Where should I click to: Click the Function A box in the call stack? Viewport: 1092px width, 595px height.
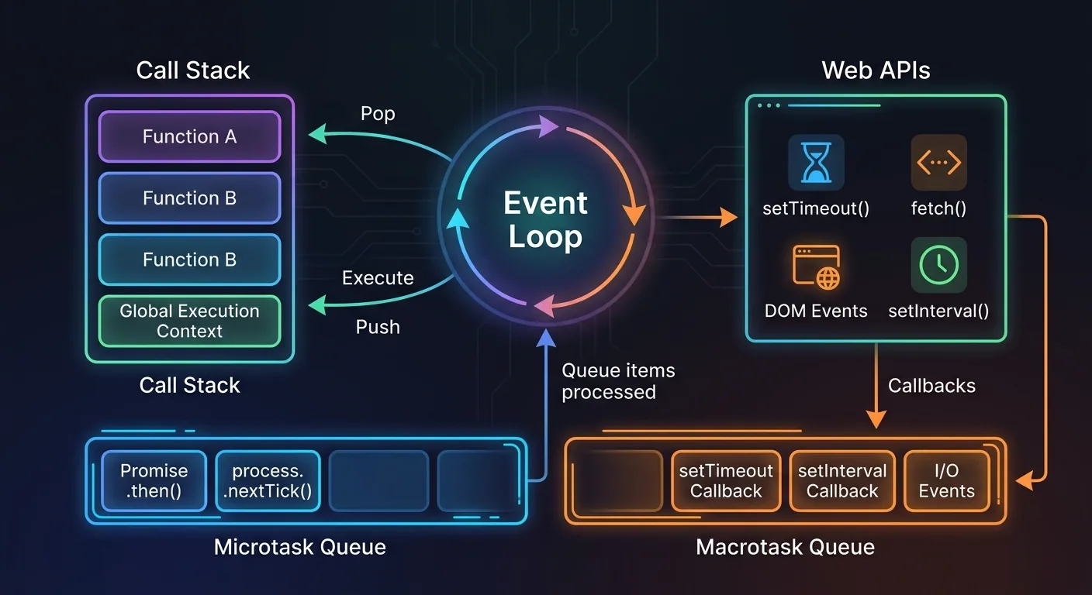pos(189,137)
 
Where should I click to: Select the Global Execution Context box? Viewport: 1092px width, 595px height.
pos(189,321)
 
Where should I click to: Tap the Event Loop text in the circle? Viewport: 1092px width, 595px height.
pos(545,220)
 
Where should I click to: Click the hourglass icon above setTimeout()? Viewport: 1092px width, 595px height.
pos(815,163)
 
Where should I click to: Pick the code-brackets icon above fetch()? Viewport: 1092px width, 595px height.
pos(938,163)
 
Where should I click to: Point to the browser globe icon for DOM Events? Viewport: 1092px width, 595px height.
pos(816,267)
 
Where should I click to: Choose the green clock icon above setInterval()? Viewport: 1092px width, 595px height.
pos(938,265)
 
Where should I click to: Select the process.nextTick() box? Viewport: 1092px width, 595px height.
pos(268,481)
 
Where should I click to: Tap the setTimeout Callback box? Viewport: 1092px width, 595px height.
pos(726,481)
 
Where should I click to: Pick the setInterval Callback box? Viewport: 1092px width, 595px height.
pos(842,481)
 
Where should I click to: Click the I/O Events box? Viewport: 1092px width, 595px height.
pos(946,481)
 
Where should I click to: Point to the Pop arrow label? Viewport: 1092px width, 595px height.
pos(378,114)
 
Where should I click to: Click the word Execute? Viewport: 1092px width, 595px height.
pos(378,278)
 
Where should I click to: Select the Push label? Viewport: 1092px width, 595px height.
pos(378,327)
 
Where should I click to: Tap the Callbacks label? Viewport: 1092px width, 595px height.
pos(931,386)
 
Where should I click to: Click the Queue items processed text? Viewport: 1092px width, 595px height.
pos(618,381)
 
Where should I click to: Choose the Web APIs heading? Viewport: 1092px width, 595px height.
pos(876,71)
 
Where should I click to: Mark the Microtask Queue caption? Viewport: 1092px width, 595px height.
pos(299,547)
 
